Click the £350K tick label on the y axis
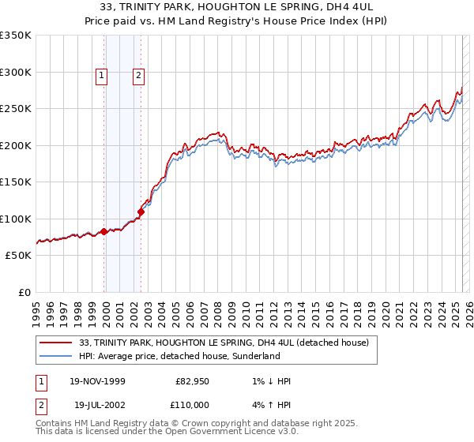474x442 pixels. [x=16, y=36]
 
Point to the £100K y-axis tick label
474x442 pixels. [x=16, y=219]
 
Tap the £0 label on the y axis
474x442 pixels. [x=24, y=292]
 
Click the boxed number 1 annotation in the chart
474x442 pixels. [x=102, y=76]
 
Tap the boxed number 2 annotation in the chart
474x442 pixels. [x=138, y=76]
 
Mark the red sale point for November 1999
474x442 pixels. [x=103, y=231]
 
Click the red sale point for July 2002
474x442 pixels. [x=141, y=212]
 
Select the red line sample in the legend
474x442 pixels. [x=56, y=343]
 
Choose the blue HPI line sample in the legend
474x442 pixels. [x=56, y=357]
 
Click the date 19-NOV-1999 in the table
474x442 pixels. [x=98, y=381]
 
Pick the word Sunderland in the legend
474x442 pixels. [x=254, y=357]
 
